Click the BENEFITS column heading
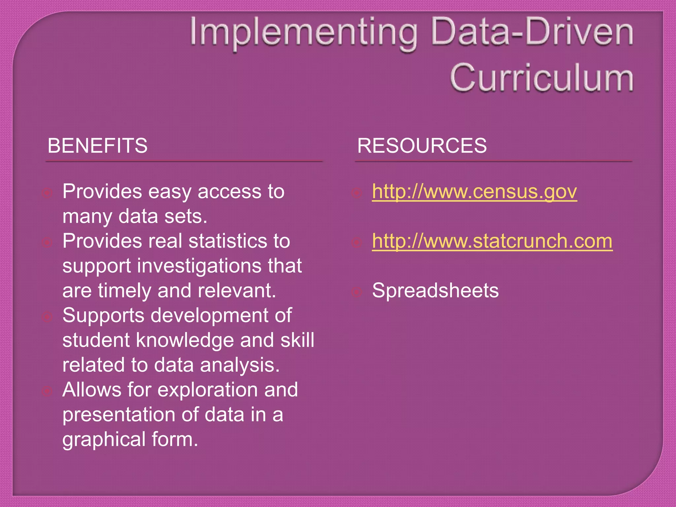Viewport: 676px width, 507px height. pos(97,146)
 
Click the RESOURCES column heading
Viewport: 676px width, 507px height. pos(422,146)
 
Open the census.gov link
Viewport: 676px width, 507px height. pos(474,191)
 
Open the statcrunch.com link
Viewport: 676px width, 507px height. pos(492,241)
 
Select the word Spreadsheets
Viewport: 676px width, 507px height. pos(435,291)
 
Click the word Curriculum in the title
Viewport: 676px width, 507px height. pos(541,78)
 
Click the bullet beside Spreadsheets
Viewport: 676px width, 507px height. pos(356,292)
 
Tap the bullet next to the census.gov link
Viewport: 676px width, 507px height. pos(356,193)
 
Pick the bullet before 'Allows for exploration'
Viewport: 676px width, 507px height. pos(47,391)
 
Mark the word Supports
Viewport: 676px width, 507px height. pos(103,316)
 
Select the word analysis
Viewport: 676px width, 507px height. pos(240,365)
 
